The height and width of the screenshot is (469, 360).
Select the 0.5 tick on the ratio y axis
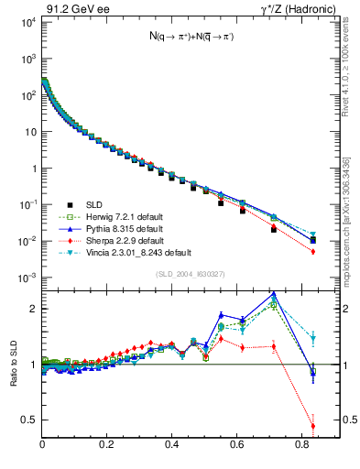[29, 420]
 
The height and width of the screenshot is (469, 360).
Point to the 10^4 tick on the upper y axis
[27, 22]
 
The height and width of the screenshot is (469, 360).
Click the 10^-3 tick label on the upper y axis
[27, 278]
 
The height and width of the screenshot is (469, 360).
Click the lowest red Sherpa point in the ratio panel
[313, 426]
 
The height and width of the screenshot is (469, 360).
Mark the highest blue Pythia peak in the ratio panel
[274, 294]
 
